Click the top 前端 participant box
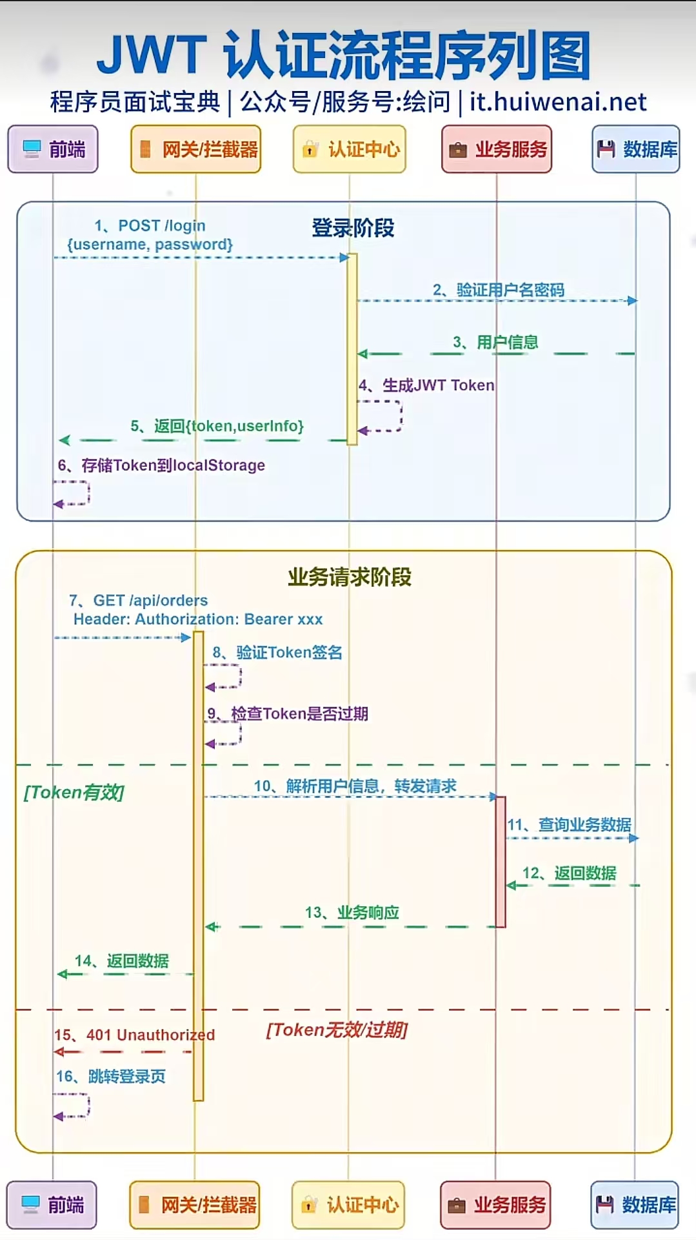coord(53,149)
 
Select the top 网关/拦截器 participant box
coord(196,149)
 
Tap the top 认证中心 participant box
coord(350,149)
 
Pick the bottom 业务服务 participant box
coord(495,1204)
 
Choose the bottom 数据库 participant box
coord(635,1204)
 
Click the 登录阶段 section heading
coord(353,228)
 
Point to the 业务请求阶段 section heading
coord(350,576)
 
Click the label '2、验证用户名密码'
coord(499,290)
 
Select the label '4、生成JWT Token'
coord(427,385)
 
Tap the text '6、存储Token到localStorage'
coord(161,465)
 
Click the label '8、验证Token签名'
coord(277,653)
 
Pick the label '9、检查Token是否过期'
coord(288,714)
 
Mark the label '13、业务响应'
coord(352,913)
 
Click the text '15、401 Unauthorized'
coord(134,1035)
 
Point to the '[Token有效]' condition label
coord(74,792)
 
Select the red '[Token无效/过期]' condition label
coord(337,1030)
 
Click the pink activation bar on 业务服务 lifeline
coord(501,862)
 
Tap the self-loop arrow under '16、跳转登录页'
coord(72,1105)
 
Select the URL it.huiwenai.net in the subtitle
coord(558,102)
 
